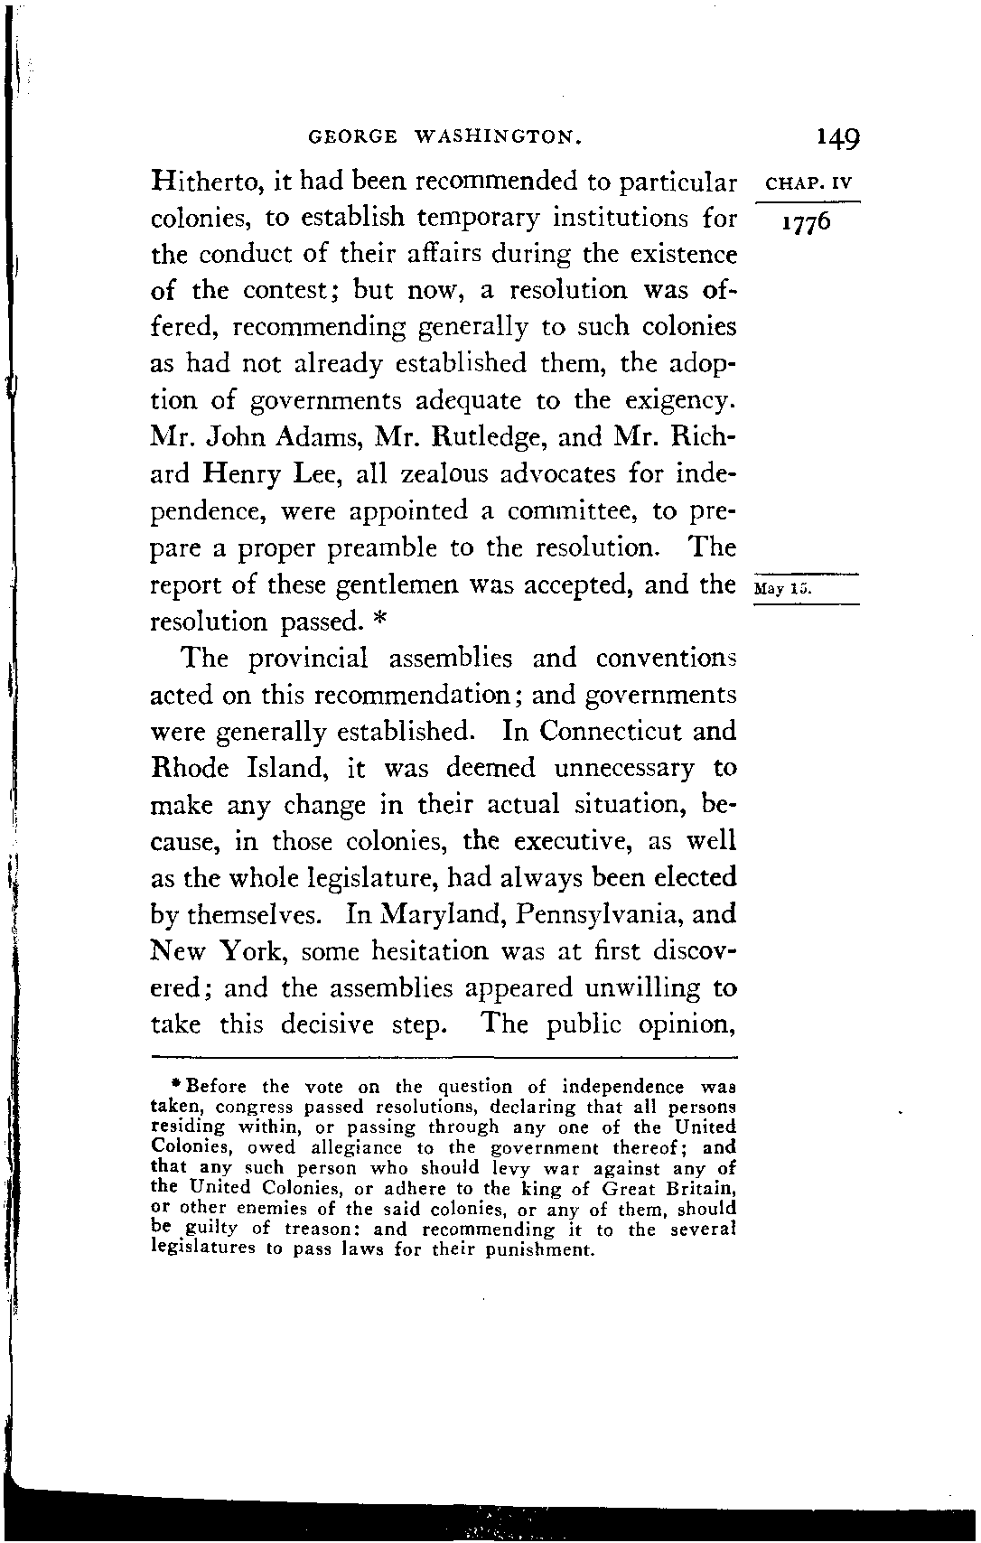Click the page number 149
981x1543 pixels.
tap(837, 137)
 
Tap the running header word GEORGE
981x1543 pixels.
tap(352, 138)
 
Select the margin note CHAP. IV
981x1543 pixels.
tap(808, 184)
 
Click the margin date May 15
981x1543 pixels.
tap(783, 589)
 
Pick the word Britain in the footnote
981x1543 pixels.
tap(700, 1188)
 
